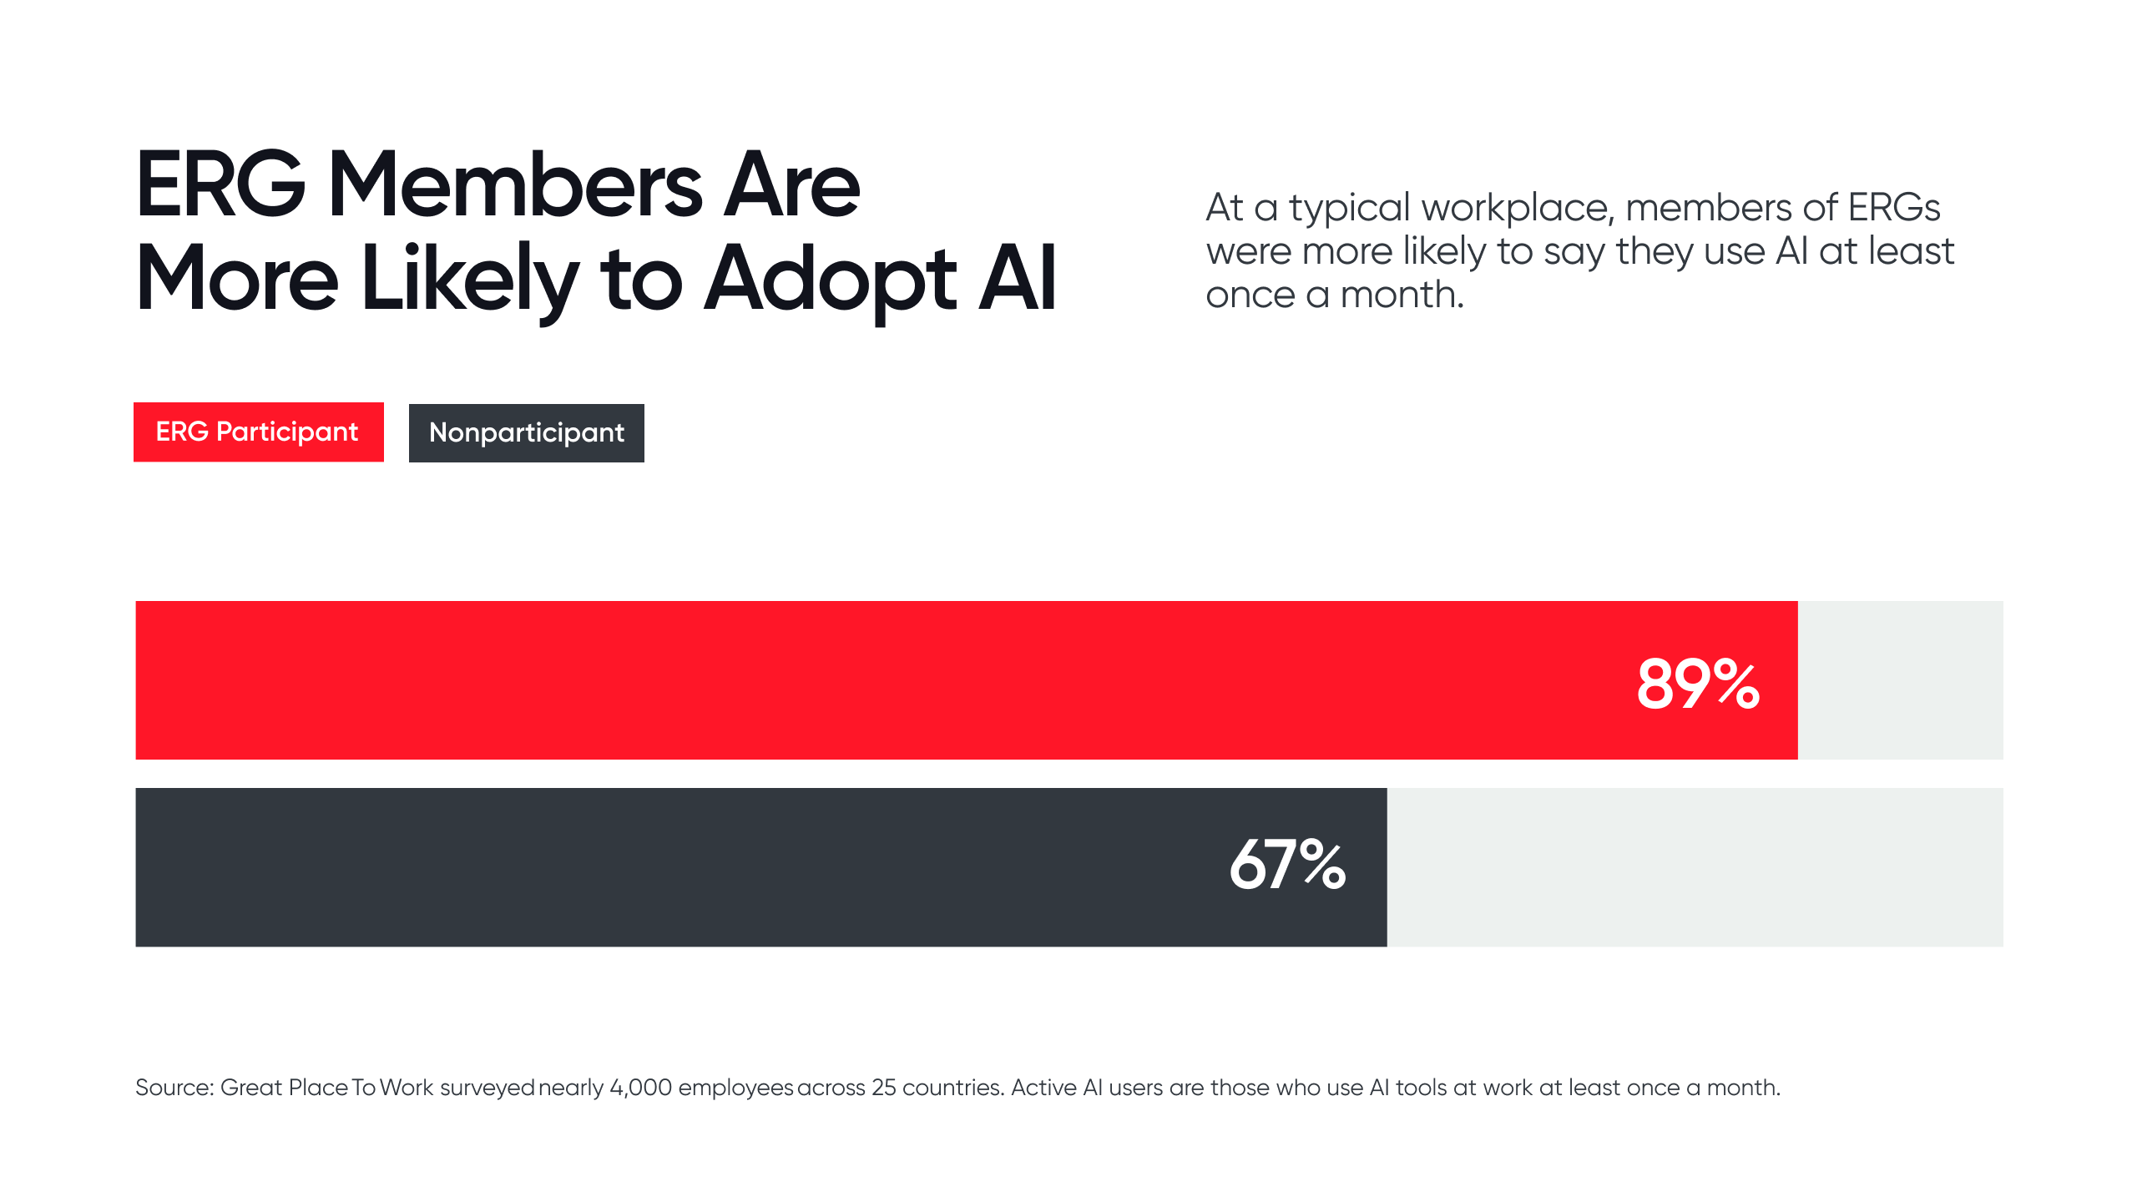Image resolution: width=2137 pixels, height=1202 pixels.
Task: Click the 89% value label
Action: click(1698, 684)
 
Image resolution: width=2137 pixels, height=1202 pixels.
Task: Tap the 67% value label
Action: click(1287, 865)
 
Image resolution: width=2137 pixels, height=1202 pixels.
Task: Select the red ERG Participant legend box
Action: click(258, 432)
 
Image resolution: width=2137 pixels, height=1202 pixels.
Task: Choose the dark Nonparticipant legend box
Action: click(526, 433)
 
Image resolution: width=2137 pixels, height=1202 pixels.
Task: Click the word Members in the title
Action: click(515, 185)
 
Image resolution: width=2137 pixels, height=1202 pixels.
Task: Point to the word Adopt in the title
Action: click(830, 280)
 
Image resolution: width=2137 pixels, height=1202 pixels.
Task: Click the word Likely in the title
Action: click(469, 280)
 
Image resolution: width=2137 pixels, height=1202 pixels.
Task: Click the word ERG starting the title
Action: click(220, 185)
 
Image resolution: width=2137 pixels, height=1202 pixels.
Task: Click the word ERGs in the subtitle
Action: click(1893, 207)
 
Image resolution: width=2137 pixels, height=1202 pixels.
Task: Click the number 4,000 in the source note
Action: click(640, 1088)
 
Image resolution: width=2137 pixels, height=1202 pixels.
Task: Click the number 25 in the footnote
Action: click(883, 1088)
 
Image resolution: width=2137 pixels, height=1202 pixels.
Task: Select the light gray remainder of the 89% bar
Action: click(1900, 680)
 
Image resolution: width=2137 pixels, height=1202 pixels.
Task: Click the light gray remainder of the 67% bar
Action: click(1695, 867)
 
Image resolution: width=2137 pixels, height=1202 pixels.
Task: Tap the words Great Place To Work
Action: click(326, 1088)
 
